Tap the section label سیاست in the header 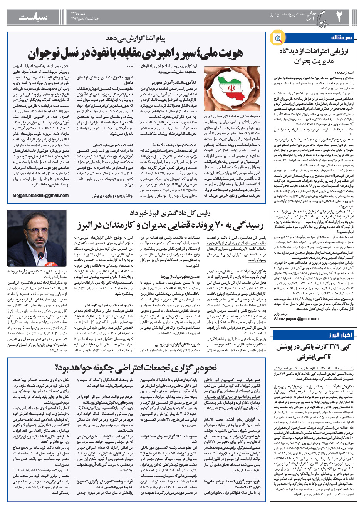coord(34,17)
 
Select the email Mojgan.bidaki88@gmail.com coord(41,195)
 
